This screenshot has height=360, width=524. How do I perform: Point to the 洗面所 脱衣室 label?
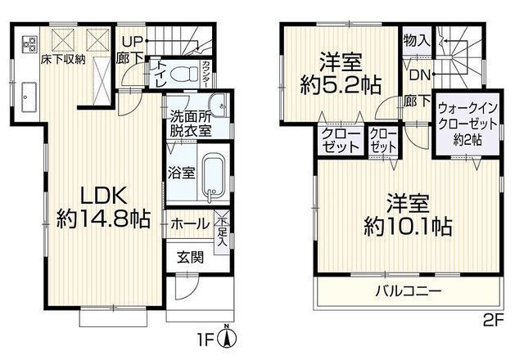coord(191,123)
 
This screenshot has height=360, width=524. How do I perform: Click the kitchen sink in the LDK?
coord(27,96)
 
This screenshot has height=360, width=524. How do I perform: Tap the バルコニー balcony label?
coord(409,290)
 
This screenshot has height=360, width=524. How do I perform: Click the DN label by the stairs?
coord(419,75)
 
